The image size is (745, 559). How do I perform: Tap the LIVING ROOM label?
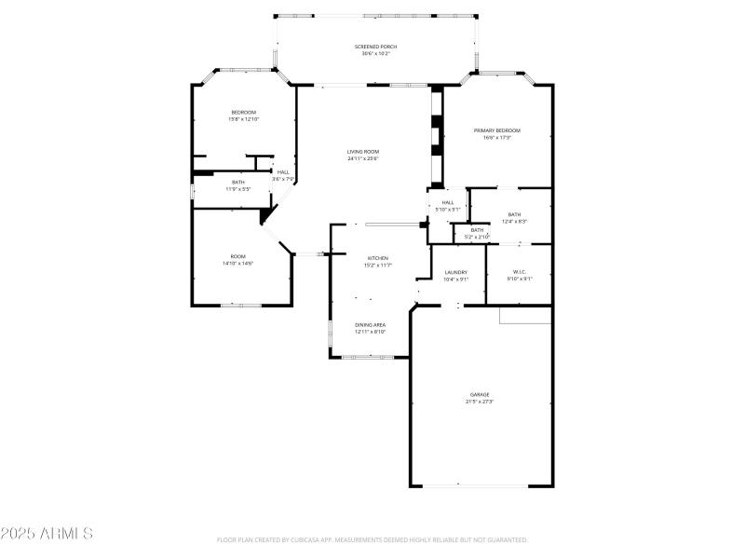tap(363, 151)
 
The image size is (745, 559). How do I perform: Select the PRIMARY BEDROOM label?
tap(496, 130)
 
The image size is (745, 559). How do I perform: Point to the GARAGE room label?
tap(479, 394)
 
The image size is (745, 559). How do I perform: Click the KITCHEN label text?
tap(377, 258)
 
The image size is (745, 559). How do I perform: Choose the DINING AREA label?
tap(370, 324)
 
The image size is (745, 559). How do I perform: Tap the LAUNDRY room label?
tap(455, 272)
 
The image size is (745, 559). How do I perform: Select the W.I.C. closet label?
tap(519, 272)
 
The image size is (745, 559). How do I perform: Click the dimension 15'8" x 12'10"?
tap(243, 119)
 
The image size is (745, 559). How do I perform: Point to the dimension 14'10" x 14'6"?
tap(238, 264)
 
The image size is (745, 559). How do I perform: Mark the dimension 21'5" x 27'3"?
tap(479, 402)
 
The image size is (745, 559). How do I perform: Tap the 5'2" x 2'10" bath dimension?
tap(477, 237)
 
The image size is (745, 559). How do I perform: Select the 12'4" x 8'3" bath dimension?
tap(515, 221)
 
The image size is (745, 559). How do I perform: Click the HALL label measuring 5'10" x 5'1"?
tap(448, 202)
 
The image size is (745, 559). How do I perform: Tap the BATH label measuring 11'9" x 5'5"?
tap(238, 182)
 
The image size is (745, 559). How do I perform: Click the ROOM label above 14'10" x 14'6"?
tap(238, 256)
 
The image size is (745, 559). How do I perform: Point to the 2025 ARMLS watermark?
tap(47, 534)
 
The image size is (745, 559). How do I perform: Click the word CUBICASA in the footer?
tap(324, 539)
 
